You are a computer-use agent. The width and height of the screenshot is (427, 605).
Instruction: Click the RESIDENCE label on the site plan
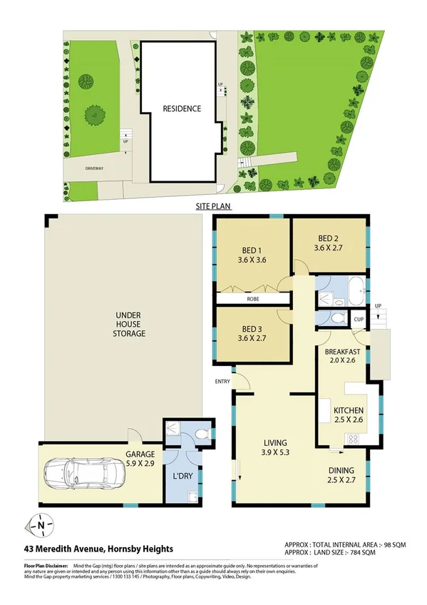point(182,109)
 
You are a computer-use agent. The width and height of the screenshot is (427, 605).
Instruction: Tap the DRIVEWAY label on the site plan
point(95,169)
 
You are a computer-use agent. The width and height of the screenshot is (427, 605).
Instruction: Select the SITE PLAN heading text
point(213,205)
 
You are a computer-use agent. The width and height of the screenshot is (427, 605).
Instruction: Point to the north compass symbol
point(41,527)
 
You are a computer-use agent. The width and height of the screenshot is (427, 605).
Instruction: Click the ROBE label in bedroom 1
point(252,299)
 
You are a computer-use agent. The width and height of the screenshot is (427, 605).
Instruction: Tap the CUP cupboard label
point(359,319)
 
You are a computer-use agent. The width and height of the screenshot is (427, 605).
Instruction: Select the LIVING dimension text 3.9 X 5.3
point(275,452)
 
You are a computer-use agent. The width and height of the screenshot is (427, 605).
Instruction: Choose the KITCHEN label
point(349,411)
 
